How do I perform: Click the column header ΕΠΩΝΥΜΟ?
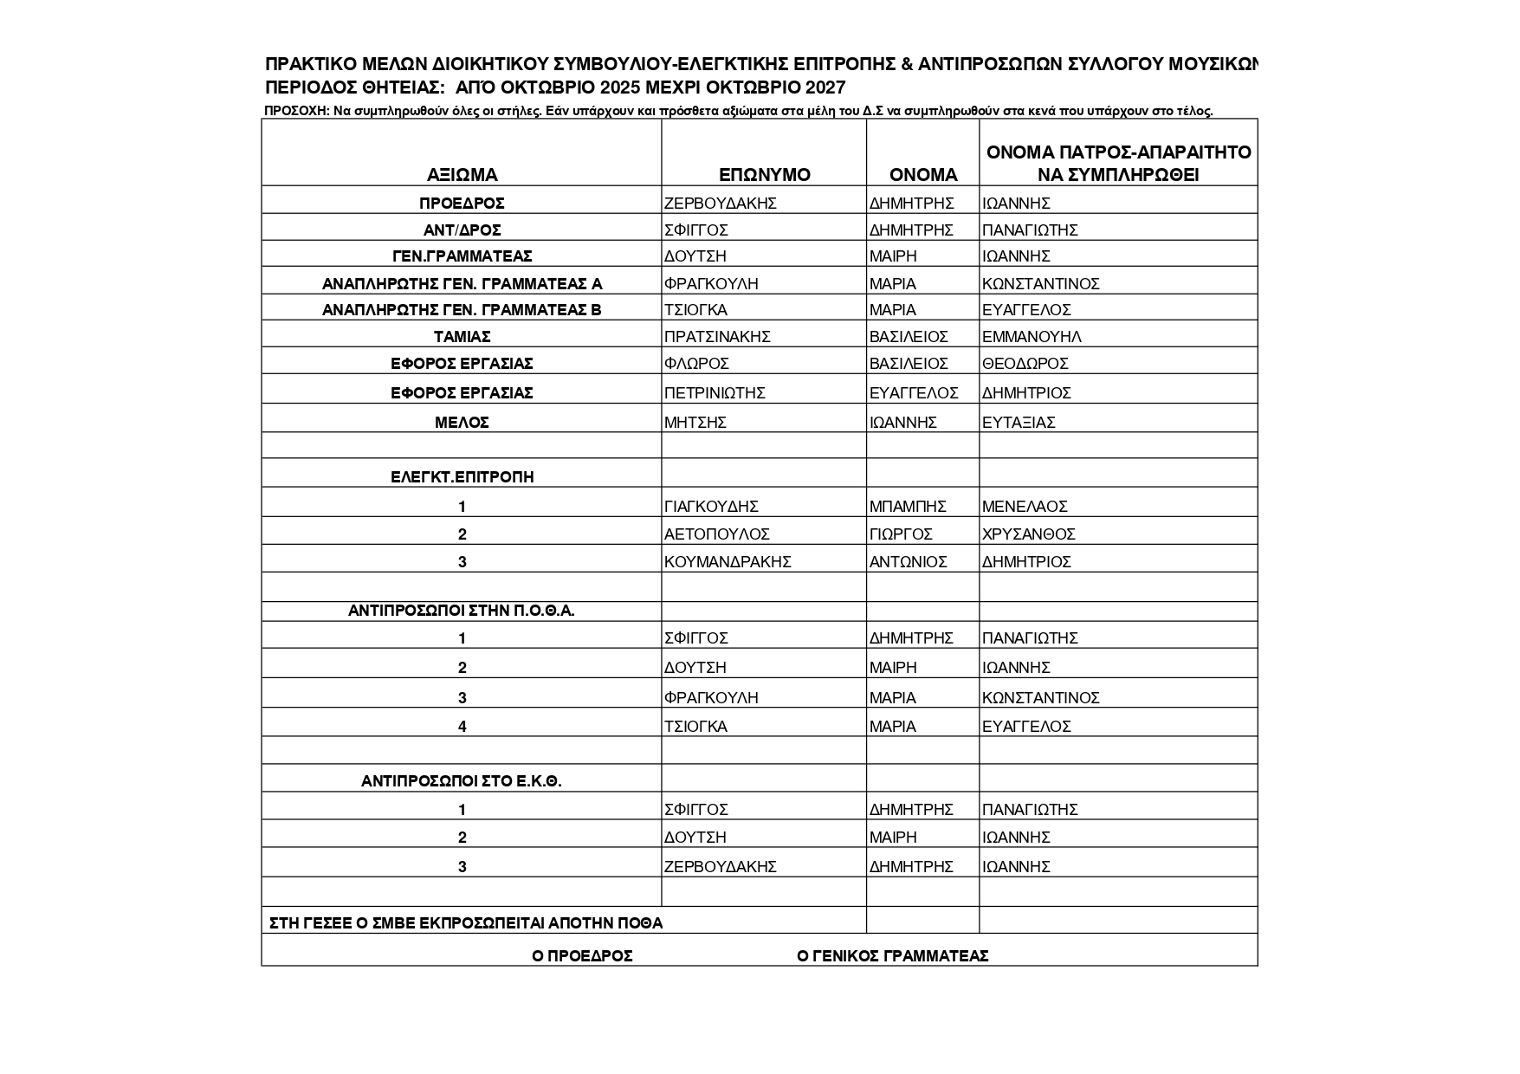pyautogui.click(x=764, y=175)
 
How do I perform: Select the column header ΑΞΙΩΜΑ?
pyautogui.click(x=462, y=175)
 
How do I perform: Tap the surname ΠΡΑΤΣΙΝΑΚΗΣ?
pyautogui.click(x=716, y=337)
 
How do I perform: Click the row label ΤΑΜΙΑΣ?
pyautogui.click(x=462, y=337)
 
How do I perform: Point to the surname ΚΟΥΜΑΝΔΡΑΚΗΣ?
pyautogui.click(x=728, y=562)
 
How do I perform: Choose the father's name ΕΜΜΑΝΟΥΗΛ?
pyautogui.click(x=1032, y=337)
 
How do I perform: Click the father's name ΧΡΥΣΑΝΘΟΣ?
pyautogui.click(x=1028, y=534)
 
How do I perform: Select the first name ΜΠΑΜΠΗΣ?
pyautogui.click(x=908, y=507)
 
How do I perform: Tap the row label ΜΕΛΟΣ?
pyautogui.click(x=462, y=423)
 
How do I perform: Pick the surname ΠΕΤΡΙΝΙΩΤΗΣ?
pyautogui.click(x=715, y=393)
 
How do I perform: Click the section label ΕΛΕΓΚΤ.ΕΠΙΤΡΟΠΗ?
pyautogui.click(x=462, y=477)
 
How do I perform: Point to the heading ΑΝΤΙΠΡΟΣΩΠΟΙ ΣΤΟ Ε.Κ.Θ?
pyautogui.click(x=462, y=781)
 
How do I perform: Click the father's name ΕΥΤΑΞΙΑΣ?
pyautogui.click(x=1019, y=423)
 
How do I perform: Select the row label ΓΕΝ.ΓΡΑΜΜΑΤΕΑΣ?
pyautogui.click(x=462, y=256)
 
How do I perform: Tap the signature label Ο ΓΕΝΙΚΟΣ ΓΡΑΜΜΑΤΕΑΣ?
pyautogui.click(x=892, y=956)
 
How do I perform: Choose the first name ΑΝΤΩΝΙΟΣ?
pyautogui.click(x=908, y=562)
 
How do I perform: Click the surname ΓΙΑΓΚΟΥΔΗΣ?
pyautogui.click(x=711, y=507)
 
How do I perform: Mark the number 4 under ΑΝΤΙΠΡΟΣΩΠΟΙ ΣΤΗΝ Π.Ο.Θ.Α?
pyautogui.click(x=462, y=727)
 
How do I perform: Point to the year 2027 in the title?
pyautogui.click(x=825, y=87)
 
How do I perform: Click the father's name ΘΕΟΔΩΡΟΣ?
pyautogui.click(x=1025, y=364)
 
